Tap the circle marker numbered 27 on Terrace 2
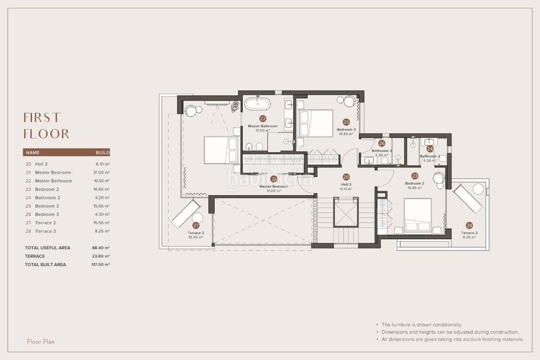[x=196, y=226]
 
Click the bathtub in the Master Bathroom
[x=257, y=104]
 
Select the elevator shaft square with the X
[x=345, y=213]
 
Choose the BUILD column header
[x=103, y=153]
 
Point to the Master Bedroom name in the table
[x=53, y=172]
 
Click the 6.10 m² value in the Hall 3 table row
[x=103, y=163]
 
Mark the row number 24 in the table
[x=28, y=197]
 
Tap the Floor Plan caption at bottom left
[x=40, y=342]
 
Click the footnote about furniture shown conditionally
[x=423, y=325]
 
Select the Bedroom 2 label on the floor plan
[x=414, y=183]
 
